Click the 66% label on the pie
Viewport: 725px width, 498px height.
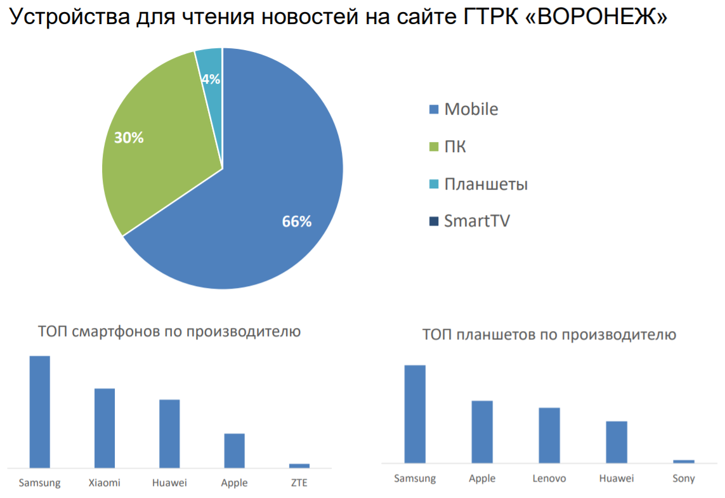pos(297,221)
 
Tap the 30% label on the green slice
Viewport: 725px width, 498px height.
pos(129,137)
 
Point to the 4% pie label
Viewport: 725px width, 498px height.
pos(211,79)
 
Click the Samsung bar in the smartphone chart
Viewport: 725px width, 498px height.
pos(40,412)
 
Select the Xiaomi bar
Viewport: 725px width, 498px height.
pos(105,428)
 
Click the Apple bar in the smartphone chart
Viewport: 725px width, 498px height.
pos(234,450)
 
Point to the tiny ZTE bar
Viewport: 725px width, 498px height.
pos(299,466)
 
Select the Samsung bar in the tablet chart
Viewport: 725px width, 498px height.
pos(415,414)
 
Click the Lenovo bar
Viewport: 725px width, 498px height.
pos(549,435)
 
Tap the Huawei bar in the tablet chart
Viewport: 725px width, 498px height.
pos(617,442)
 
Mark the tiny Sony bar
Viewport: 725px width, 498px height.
pos(684,461)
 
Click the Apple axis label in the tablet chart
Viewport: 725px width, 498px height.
pos(482,478)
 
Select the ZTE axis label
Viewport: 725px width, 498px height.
pos(299,483)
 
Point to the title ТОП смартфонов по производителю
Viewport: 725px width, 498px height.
pos(169,331)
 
